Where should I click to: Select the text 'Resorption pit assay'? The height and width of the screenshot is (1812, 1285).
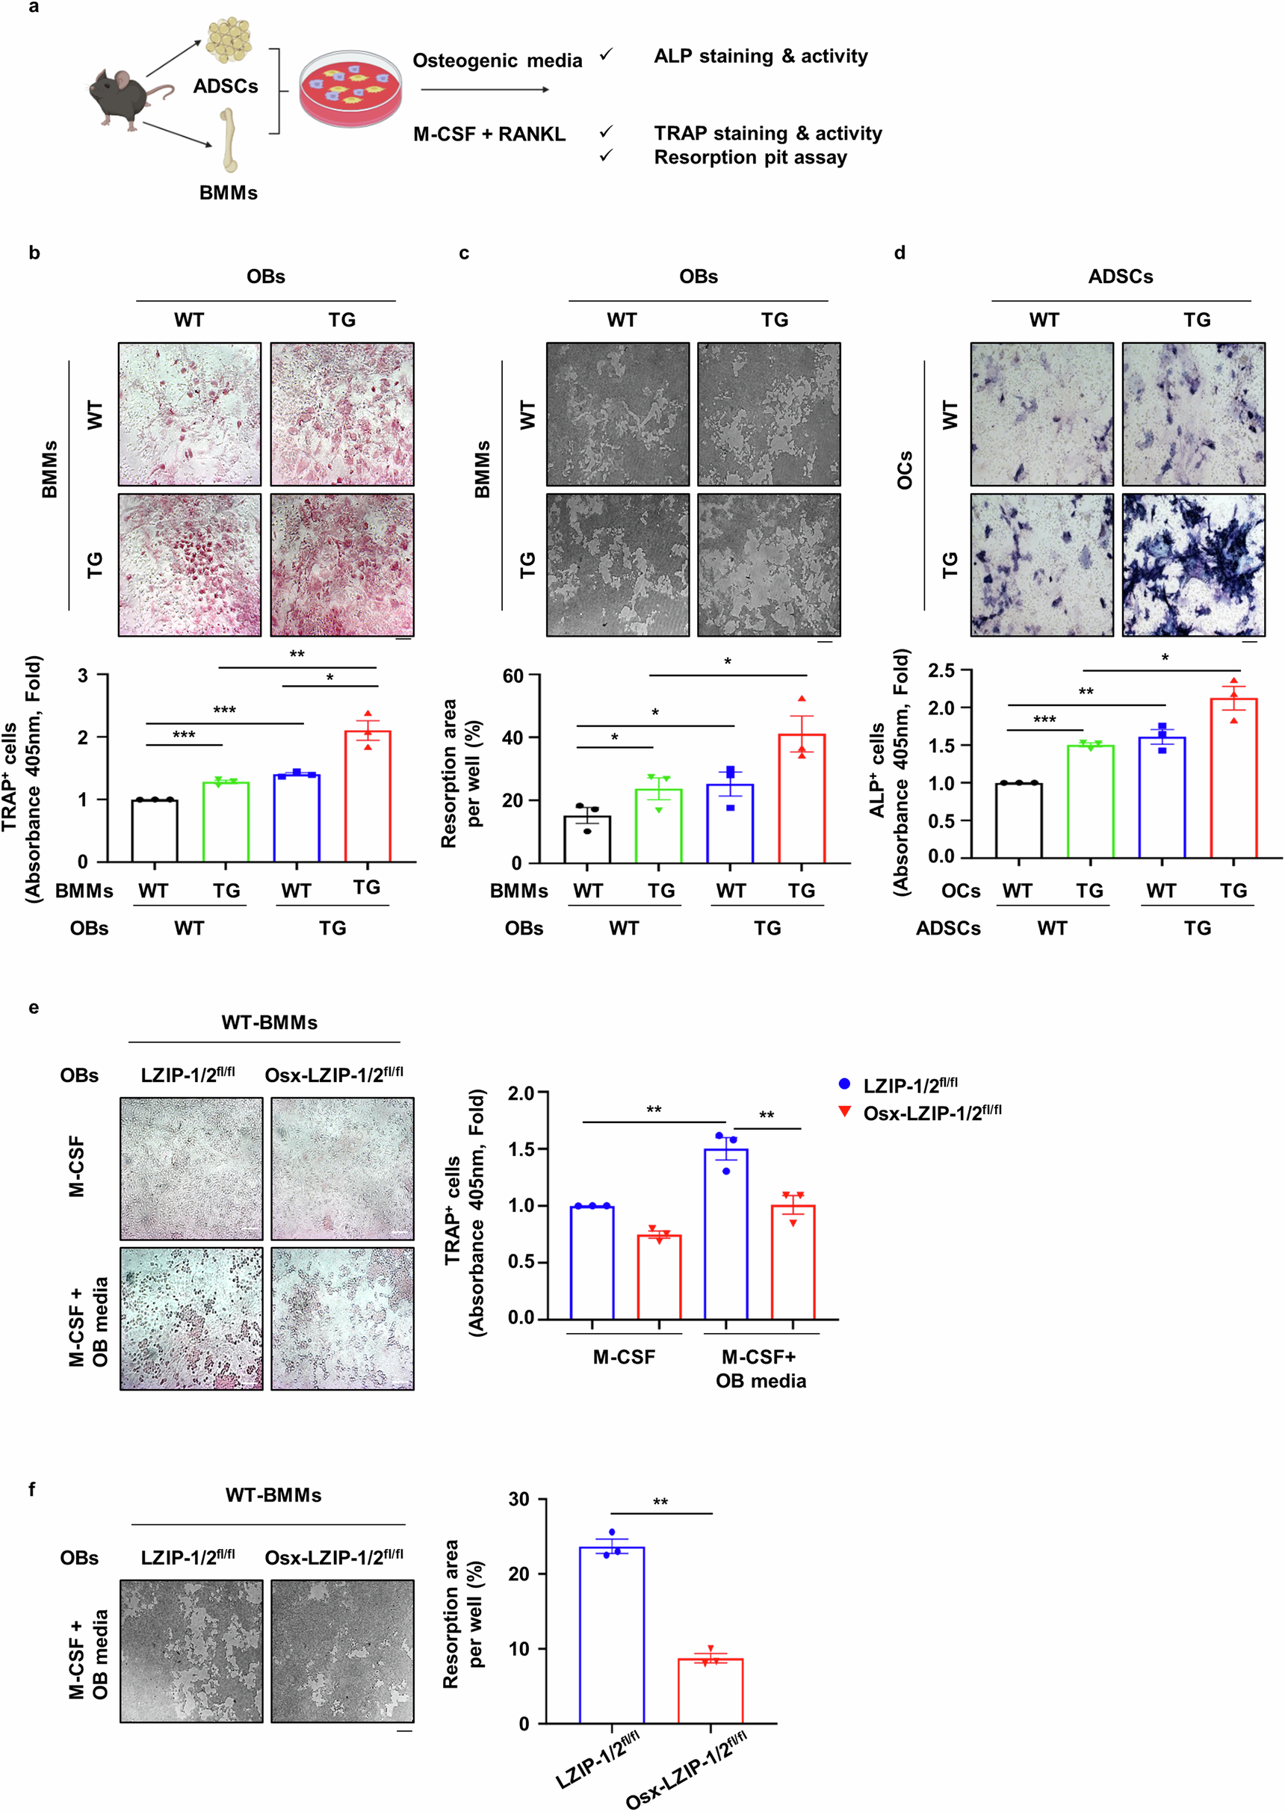coord(750,158)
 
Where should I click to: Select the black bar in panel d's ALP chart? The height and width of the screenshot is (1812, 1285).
coord(1018,820)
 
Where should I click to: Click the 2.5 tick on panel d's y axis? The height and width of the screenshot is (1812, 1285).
coord(941,670)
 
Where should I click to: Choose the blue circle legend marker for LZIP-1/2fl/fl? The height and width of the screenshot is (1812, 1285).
coord(844,1084)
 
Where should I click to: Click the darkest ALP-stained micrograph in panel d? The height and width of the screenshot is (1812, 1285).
coord(1193,565)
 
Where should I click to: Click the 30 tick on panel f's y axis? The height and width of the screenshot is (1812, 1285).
coord(519,1500)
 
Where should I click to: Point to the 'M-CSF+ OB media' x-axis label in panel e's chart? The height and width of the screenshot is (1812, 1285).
coord(761,1368)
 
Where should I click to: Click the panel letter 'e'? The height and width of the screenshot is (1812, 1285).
coord(33,1007)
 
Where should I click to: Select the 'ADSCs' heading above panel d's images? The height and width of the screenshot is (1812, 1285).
coord(1120,276)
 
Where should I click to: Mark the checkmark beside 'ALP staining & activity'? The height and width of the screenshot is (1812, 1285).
coord(606,55)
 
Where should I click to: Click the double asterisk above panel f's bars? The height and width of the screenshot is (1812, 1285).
coord(660,1502)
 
